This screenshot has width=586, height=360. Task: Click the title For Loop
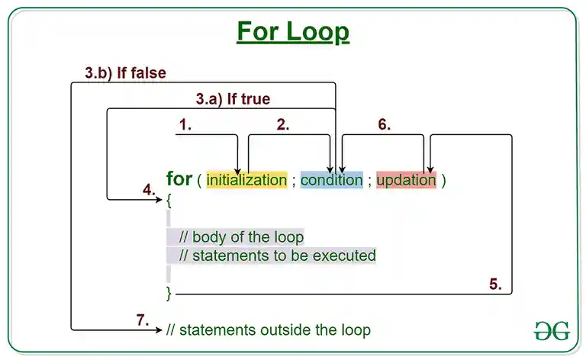tap(292, 32)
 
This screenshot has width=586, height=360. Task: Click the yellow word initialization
tap(246, 180)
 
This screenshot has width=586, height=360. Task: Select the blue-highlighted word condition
tap(331, 180)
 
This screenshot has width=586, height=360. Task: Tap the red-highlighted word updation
tap(406, 180)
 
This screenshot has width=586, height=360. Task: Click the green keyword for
tap(179, 179)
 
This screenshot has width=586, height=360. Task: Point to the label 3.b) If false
tap(125, 73)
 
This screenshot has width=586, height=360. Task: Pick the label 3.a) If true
tap(233, 99)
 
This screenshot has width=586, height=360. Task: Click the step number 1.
tap(185, 124)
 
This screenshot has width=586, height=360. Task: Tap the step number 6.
tap(384, 124)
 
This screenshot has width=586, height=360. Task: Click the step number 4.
tap(149, 189)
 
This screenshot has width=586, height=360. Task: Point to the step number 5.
tap(495, 284)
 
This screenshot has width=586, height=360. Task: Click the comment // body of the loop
tap(241, 236)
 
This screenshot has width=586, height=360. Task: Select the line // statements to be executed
tap(277, 255)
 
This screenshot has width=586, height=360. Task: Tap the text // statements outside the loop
tap(268, 330)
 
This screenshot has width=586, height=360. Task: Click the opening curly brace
tap(169, 200)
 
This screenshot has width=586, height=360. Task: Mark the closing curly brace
tap(169, 293)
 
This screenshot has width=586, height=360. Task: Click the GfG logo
tap(552, 330)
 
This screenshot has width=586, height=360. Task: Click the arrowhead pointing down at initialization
tap(239, 169)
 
